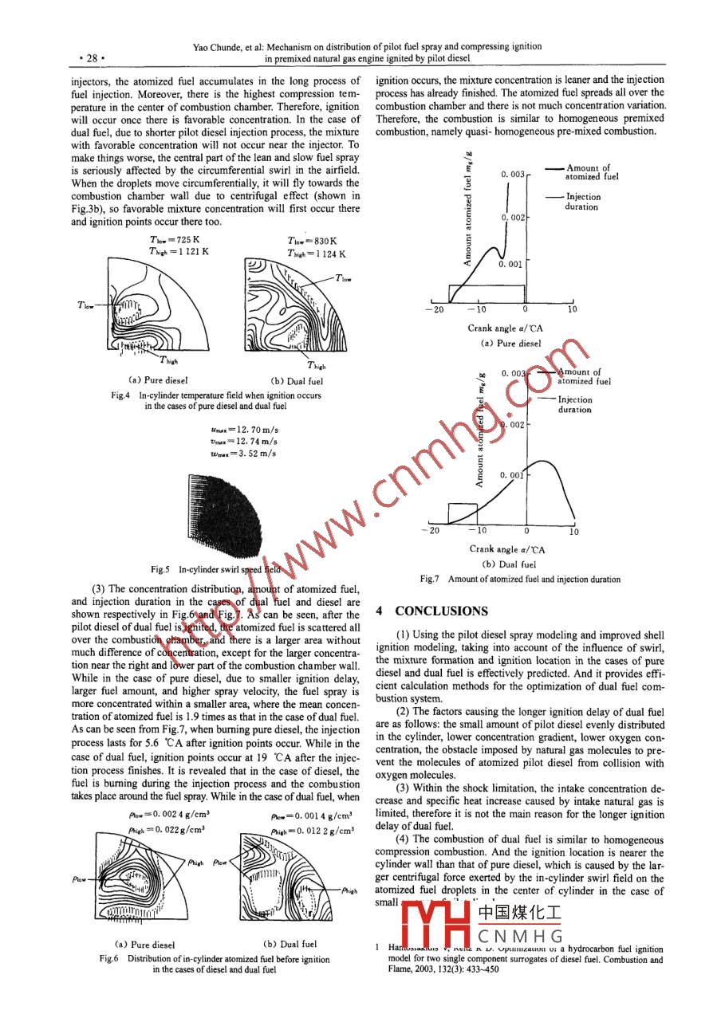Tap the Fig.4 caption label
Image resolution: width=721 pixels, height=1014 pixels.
(x=123, y=395)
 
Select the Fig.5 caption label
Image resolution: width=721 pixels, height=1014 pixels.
(x=163, y=569)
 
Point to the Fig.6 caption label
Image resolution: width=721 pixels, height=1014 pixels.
(x=109, y=959)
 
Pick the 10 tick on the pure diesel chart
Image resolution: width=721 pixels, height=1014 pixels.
(x=572, y=309)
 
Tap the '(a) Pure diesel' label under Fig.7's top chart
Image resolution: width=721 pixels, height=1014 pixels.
(x=510, y=344)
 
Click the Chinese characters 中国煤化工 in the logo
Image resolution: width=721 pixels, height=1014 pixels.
(x=519, y=913)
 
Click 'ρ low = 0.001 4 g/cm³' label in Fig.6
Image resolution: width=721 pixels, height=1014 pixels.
(x=311, y=816)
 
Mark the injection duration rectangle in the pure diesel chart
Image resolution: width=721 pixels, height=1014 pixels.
(x=486, y=293)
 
